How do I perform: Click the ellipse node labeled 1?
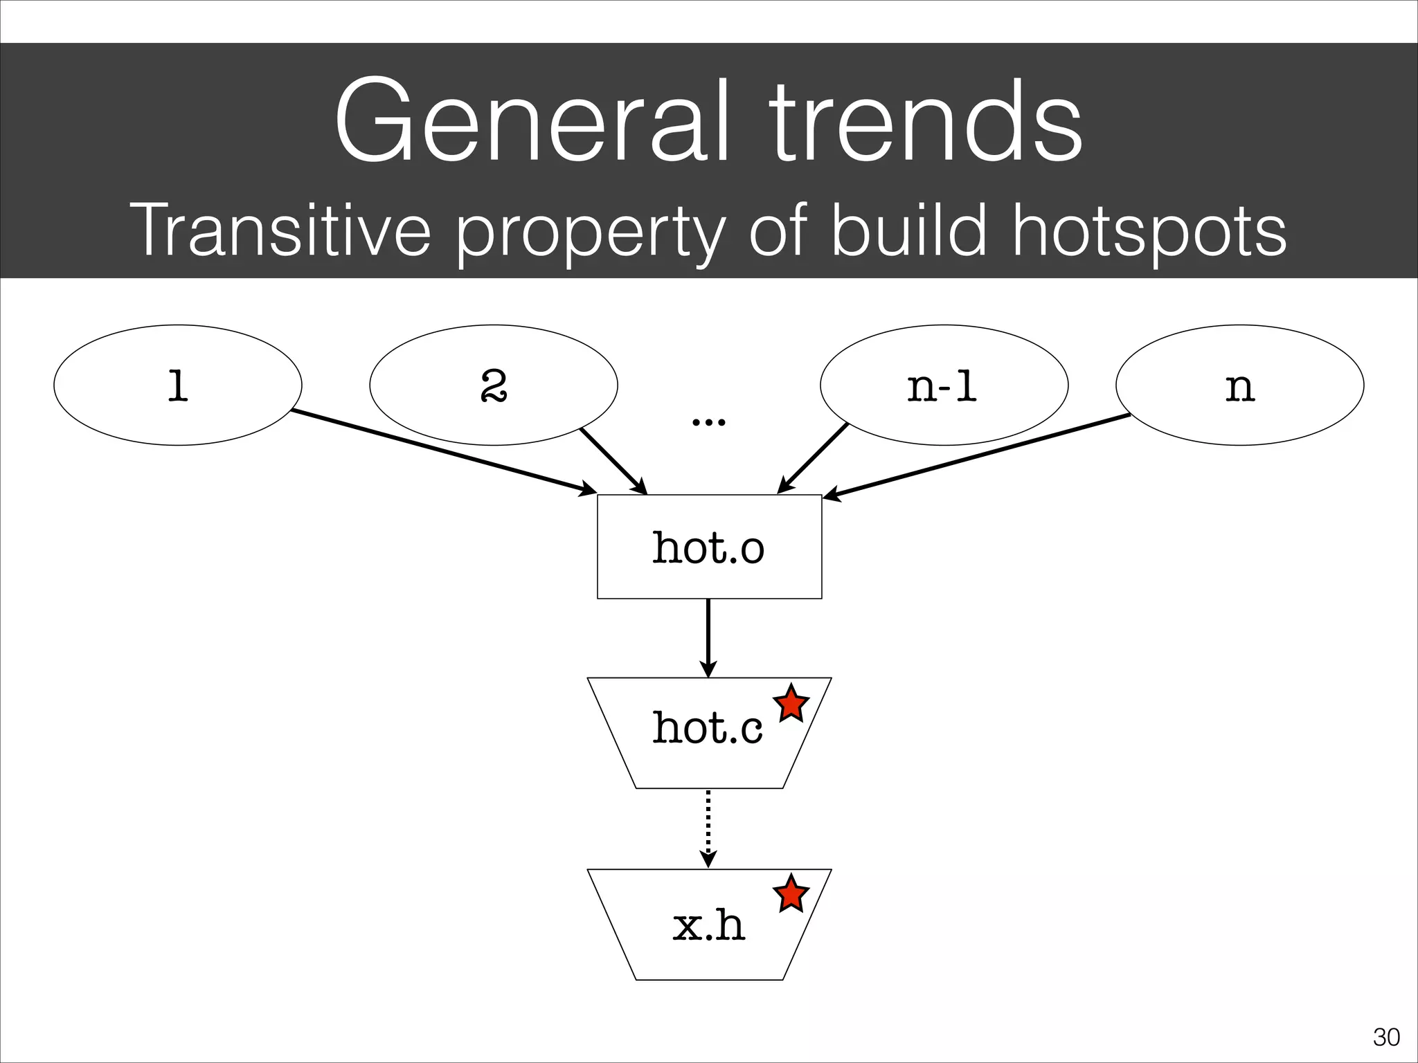177,385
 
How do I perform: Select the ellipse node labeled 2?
493,385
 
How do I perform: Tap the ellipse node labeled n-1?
943,385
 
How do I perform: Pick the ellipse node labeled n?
1239,385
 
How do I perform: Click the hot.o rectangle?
709,547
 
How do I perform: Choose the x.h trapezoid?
709,925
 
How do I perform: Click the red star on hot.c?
791,705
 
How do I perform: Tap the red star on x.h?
791,894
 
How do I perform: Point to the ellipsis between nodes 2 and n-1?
709,421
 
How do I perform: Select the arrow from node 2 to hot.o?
613,461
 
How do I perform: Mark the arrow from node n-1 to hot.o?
813,459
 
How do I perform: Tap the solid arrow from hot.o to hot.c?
708,637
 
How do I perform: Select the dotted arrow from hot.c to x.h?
708,828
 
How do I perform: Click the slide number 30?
1385,1037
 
